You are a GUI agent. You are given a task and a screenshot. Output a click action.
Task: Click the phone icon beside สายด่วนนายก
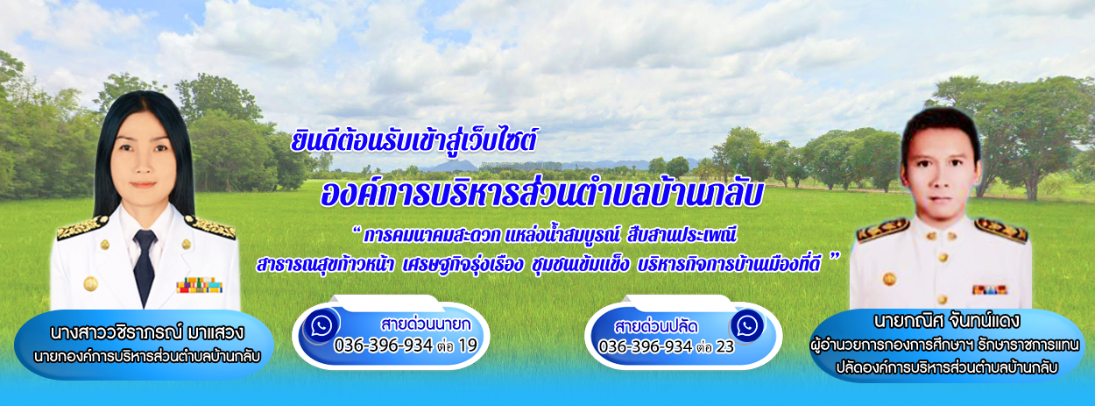[x=321, y=326]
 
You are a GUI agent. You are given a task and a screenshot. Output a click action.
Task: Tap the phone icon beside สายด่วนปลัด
[x=747, y=326]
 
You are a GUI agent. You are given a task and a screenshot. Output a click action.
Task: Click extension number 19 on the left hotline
[x=468, y=345]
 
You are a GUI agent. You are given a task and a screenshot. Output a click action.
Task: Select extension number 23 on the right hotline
[x=725, y=347]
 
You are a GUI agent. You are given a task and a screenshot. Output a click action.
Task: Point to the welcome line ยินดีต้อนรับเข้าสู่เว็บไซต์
[x=413, y=140]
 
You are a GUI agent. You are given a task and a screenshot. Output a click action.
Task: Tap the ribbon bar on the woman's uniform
[x=199, y=285]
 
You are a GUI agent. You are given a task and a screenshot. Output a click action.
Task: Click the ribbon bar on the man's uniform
[x=989, y=289]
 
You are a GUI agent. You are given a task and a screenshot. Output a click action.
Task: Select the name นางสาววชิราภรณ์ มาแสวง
[x=146, y=332]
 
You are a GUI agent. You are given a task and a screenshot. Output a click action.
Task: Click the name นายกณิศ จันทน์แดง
[x=946, y=321]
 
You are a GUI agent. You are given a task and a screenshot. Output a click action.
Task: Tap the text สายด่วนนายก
[x=425, y=324]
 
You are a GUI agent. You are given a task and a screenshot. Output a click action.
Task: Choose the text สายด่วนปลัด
[x=656, y=326]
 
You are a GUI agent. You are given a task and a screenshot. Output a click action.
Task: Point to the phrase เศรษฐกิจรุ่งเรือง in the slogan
[x=463, y=265]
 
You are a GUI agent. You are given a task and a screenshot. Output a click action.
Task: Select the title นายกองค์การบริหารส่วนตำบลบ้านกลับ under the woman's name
[x=146, y=357]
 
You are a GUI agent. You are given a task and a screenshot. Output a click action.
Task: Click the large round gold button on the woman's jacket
[x=90, y=283]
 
